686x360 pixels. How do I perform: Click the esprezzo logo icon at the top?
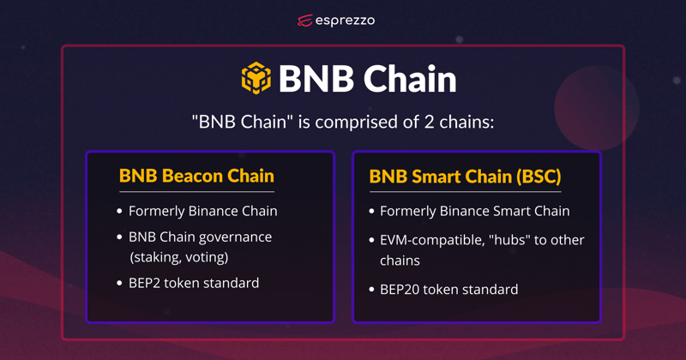click(x=305, y=21)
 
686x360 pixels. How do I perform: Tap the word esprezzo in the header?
click(x=345, y=21)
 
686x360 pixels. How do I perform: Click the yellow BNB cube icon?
click(x=256, y=78)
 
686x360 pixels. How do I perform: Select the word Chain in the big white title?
click(x=410, y=79)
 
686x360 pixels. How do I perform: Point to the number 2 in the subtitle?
click(x=430, y=122)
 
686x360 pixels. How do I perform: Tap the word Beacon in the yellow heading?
click(x=192, y=176)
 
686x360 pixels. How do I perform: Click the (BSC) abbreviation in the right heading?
click(x=539, y=177)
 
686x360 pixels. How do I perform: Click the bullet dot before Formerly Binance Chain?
click(x=119, y=211)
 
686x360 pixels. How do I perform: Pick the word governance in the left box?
click(x=236, y=237)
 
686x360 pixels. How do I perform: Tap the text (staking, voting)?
click(x=179, y=257)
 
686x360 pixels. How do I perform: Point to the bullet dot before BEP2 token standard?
click(x=119, y=284)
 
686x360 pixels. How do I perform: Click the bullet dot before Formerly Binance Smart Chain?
click(x=371, y=211)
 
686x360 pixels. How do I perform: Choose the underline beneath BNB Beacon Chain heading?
click(x=197, y=192)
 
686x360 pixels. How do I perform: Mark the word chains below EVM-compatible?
click(x=400, y=261)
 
